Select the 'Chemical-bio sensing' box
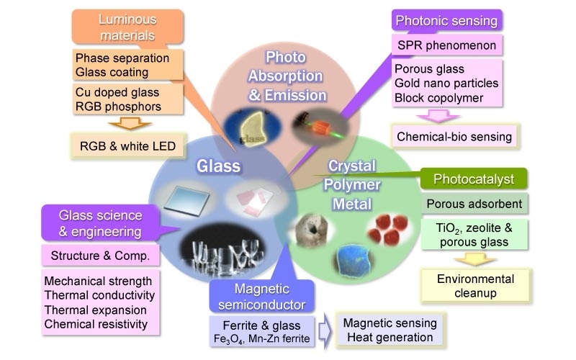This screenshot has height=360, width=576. click(x=454, y=136)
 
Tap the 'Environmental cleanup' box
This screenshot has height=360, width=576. click(x=476, y=286)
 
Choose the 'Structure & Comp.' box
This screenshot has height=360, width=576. click(x=99, y=255)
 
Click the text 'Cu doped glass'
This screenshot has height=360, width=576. click(x=117, y=92)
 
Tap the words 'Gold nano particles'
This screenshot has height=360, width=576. click(x=446, y=84)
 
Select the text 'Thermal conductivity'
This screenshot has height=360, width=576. click(x=100, y=295)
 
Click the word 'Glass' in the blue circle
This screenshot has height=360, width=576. click(x=219, y=167)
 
